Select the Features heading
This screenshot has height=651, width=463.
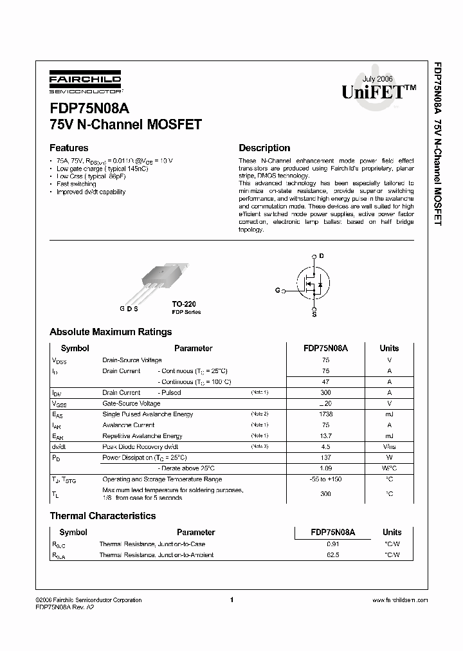coord(69,147)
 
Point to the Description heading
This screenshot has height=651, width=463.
coord(264,147)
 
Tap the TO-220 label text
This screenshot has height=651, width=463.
coord(183,304)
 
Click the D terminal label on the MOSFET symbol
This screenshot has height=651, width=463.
coord(322,256)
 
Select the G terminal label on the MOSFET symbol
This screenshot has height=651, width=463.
coord(277,291)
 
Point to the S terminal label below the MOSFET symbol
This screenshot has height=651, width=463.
coord(314,315)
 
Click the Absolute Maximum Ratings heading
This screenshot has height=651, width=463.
coord(111,332)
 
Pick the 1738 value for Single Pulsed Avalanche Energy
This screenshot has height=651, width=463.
coord(325,414)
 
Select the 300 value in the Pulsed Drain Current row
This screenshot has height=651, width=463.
coord(325,392)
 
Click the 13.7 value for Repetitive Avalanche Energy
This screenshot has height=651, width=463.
coord(325,436)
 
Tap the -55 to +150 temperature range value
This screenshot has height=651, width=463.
coord(325,480)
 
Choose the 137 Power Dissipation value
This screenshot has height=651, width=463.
coord(325,458)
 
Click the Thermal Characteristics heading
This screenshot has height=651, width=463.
coord(103,516)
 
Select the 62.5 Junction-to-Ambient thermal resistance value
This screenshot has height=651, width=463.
coord(333,555)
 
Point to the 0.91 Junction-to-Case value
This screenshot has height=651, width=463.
coord(333,544)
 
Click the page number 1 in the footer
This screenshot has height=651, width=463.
coord(231,600)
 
